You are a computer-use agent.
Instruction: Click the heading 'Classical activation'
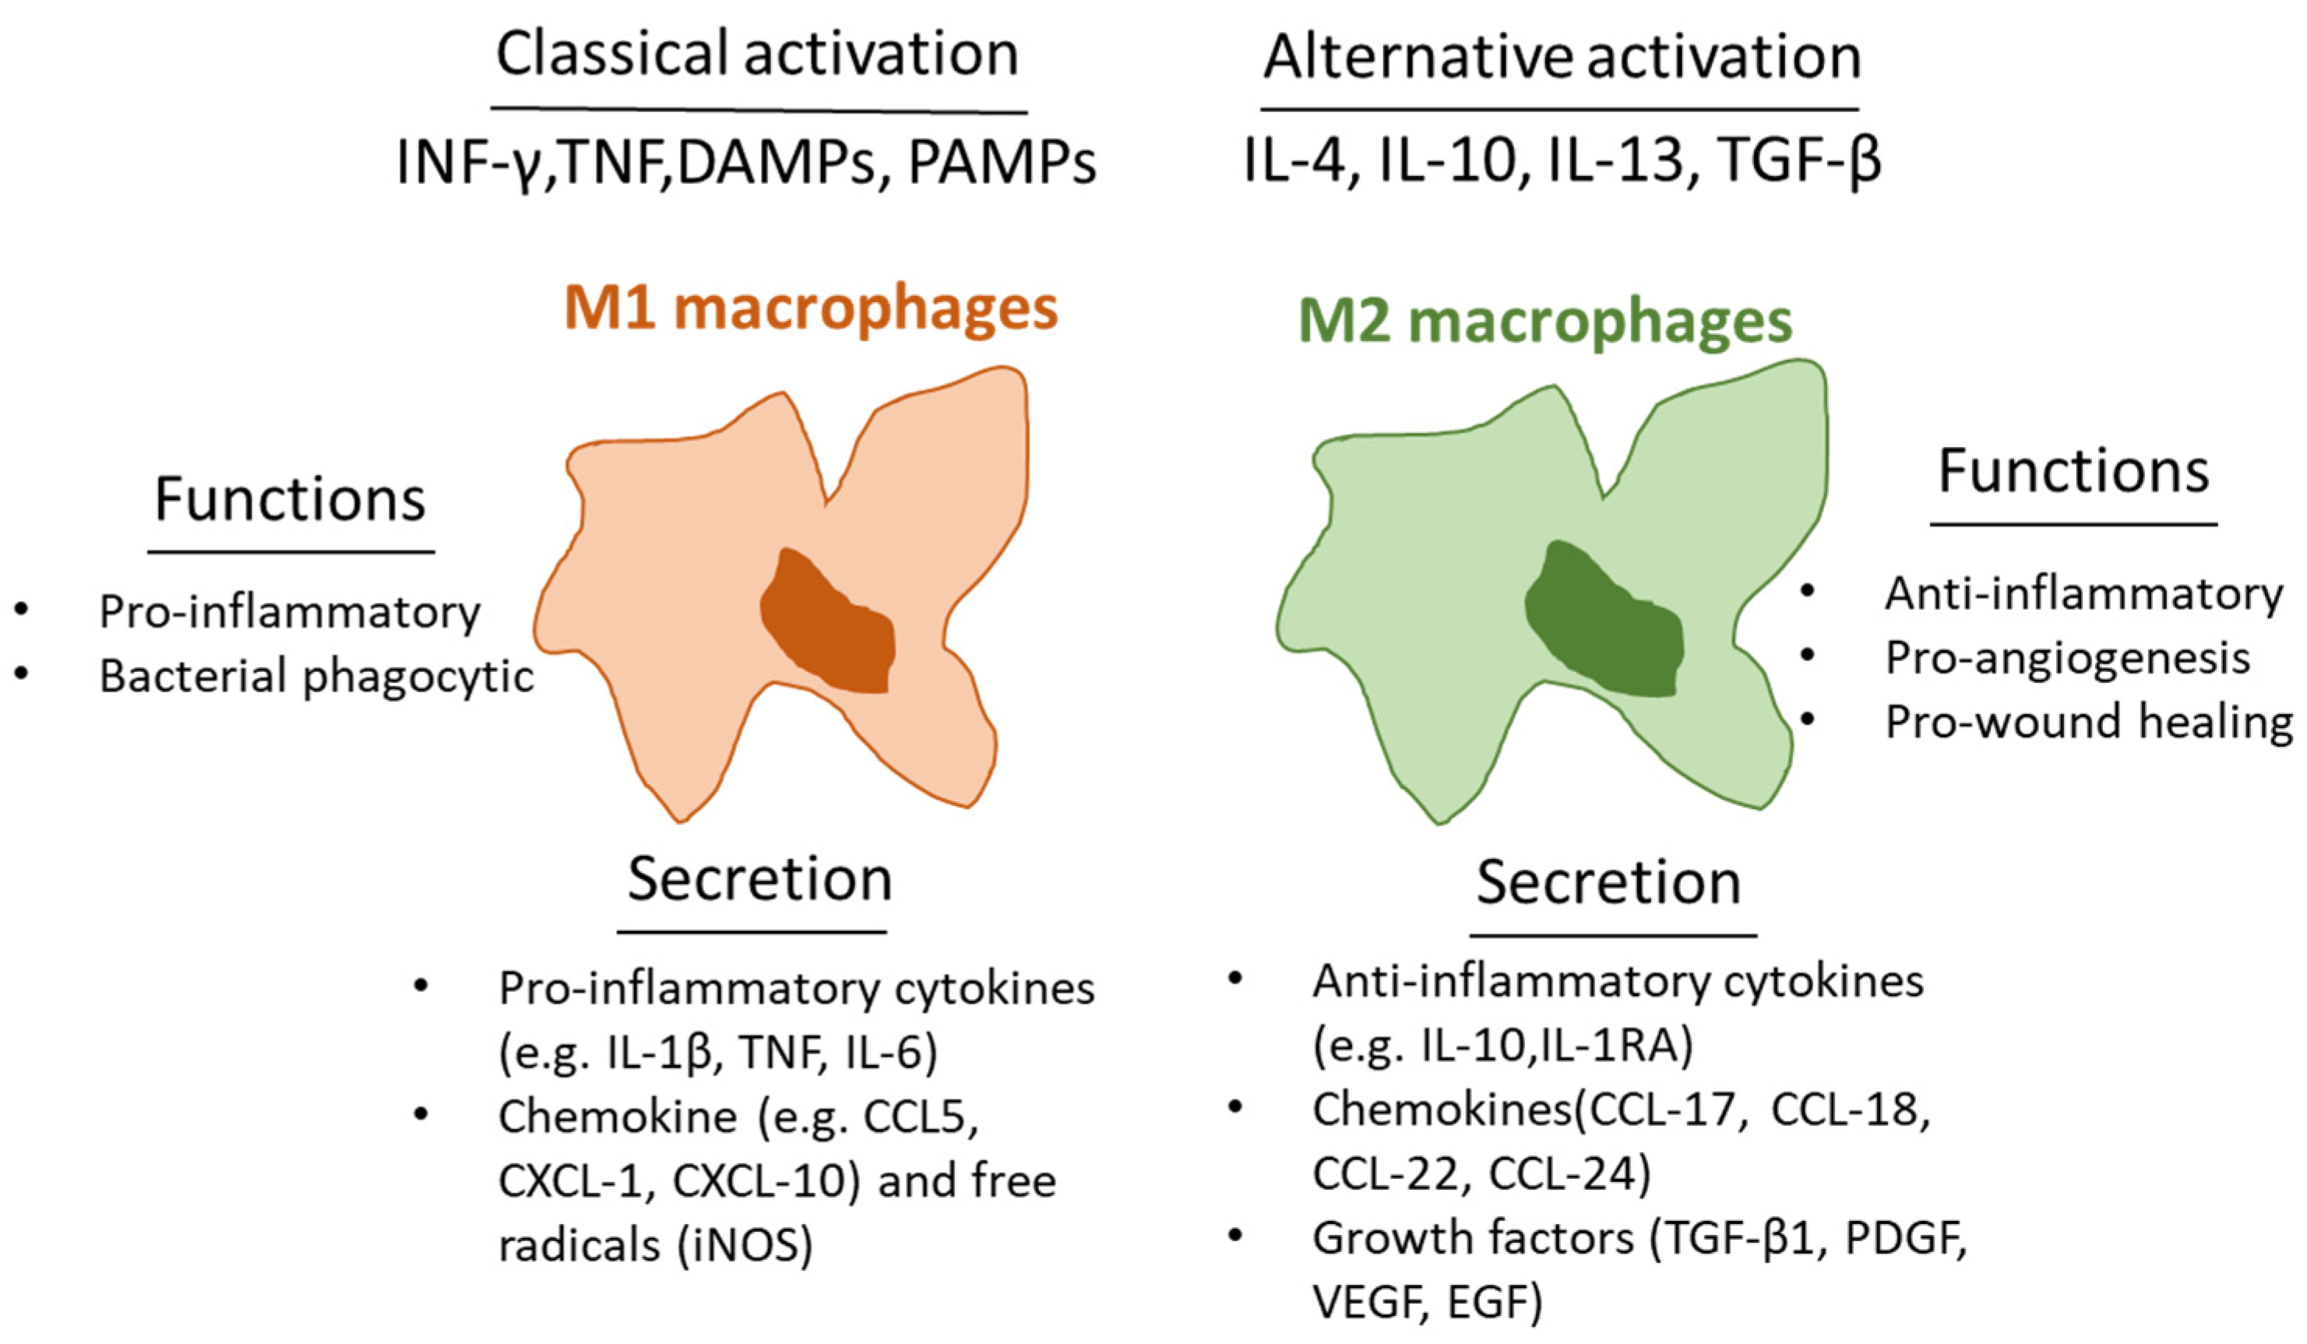[x=756, y=55]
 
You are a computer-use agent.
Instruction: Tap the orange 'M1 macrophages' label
[x=810, y=308]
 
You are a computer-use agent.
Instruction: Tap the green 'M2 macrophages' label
[x=1544, y=322]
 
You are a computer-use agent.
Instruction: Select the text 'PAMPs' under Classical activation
[x=1002, y=163]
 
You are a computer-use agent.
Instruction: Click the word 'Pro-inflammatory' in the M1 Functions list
[x=289, y=611]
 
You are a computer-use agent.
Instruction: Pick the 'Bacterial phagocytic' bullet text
[x=316, y=677]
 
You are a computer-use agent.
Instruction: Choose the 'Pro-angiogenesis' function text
[x=2067, y=657]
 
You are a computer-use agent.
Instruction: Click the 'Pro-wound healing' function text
[x=2088, y=721]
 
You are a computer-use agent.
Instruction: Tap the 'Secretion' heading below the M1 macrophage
[x=759, y=880]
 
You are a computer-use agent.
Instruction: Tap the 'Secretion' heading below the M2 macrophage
[x=1608, y=884]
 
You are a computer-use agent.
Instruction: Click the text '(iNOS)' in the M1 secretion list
[x=745, y=1245]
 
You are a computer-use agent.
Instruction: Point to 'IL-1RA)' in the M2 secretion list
[x=1617, y=1046]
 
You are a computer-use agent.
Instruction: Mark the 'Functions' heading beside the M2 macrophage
[x=2073, y=472]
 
